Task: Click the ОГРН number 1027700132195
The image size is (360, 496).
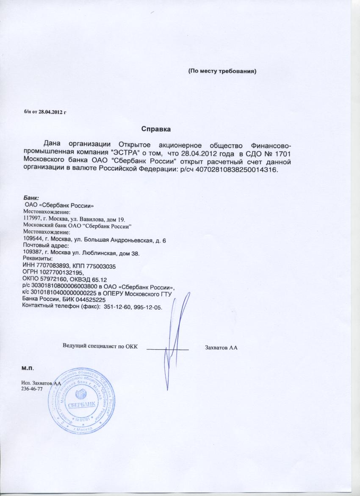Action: pyautogui.click(x=60, y=273)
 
